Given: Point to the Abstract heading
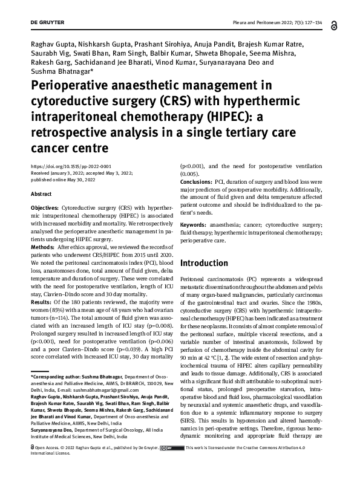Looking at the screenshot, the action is [x=42, y=195].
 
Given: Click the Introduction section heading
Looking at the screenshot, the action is [x=205, y=263].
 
